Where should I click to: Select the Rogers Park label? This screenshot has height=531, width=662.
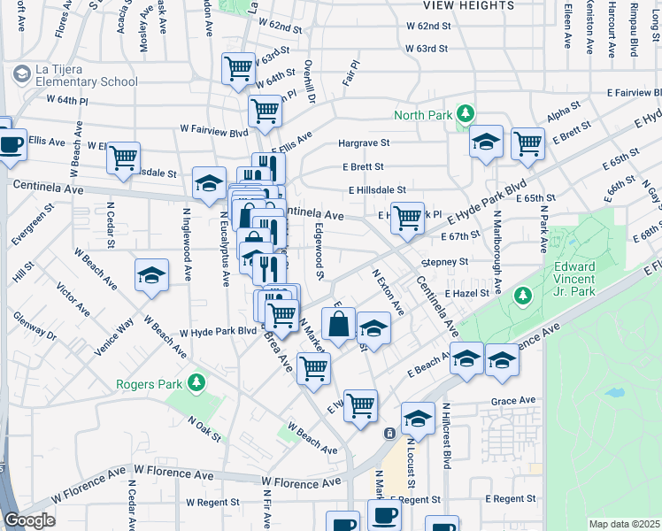(x=147, y=384)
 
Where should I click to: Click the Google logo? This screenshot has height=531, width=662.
(x=29, y=520)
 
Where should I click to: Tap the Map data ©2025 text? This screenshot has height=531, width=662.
(x=624, y=524)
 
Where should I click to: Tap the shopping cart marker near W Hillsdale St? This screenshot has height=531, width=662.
(x=123, y=157)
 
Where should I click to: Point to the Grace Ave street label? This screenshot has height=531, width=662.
(x=513, y=401)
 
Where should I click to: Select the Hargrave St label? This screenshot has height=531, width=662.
(x=364, y=142)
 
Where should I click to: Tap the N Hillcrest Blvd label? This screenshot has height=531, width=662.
(x=447, y=435)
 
